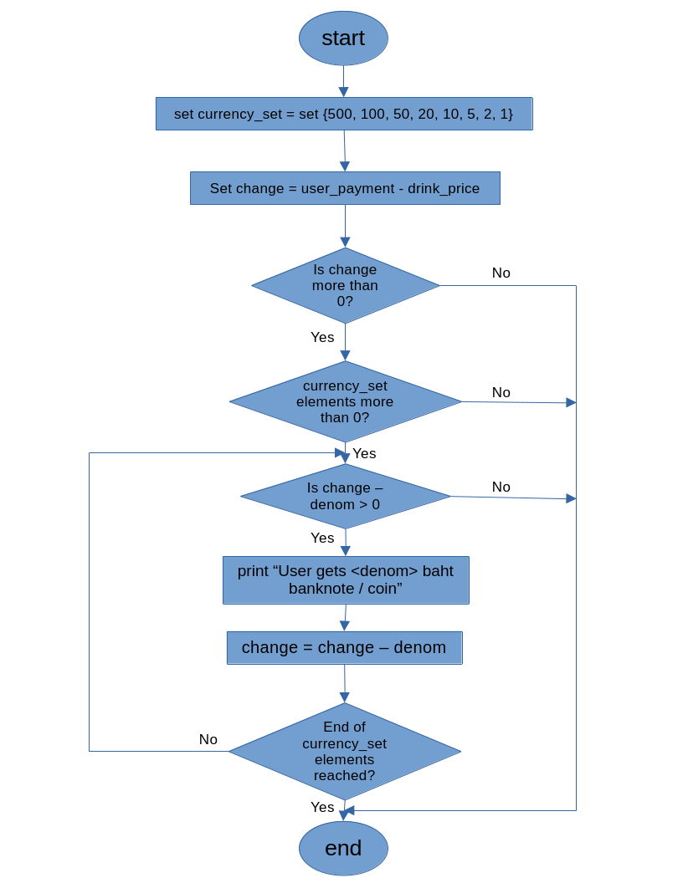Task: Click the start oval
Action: [x=343, y=38]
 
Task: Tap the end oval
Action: [x=343, y=848]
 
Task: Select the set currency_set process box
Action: [x=344, y=114]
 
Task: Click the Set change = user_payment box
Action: [x=345, y=188]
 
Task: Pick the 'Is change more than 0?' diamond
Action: [x=345, y=286]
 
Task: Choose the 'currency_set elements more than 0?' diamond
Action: [x=345, y=401]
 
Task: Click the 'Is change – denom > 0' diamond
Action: [x=345, y=497]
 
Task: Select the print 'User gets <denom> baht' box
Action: [x=345, y=580]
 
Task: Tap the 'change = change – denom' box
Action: [x=344, y=648]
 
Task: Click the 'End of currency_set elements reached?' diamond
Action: [x=344, y=751]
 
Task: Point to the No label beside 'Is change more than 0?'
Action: [x=501, y=273]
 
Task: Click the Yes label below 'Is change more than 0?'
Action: [x=322, y=337]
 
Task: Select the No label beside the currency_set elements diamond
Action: [x=501, y=392]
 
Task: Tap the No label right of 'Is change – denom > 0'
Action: [x=501, y=487]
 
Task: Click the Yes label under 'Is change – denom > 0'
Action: [x=322, y=538]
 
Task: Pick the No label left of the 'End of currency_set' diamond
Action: [x=208, y=739]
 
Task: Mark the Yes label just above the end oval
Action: [x=322, y=807]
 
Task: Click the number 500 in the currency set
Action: [x=341, y=114]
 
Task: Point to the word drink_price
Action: [x=444, y=188]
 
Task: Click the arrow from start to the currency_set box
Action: [x=343, y=81]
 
